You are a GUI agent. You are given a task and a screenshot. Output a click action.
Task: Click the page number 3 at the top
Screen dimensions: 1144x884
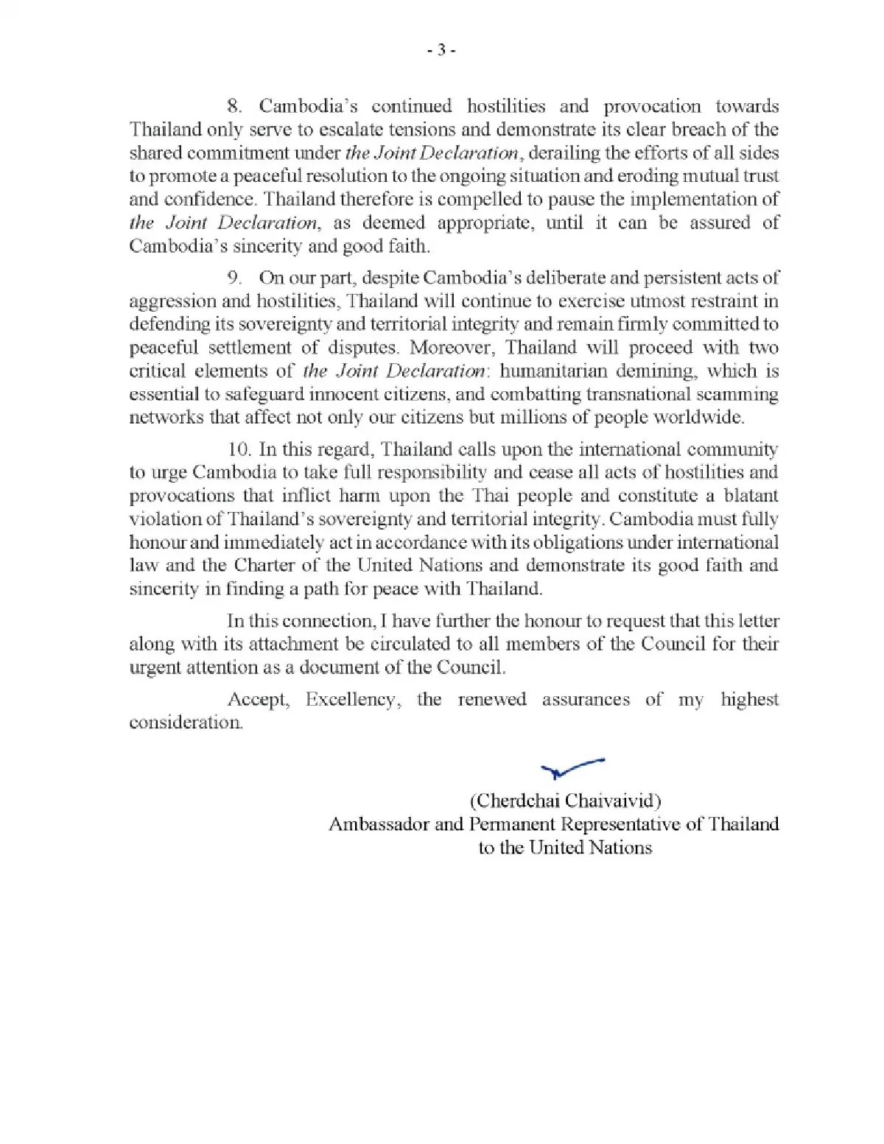pos(441,50)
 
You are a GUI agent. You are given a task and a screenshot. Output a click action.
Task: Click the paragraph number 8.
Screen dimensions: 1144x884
pos(234,106)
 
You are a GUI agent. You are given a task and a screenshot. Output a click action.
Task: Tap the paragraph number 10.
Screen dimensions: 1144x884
pos(240,449)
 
